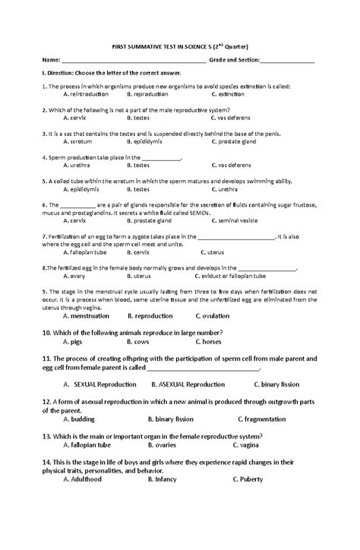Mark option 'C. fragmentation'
pyautogui.click(x=261, y=418)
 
